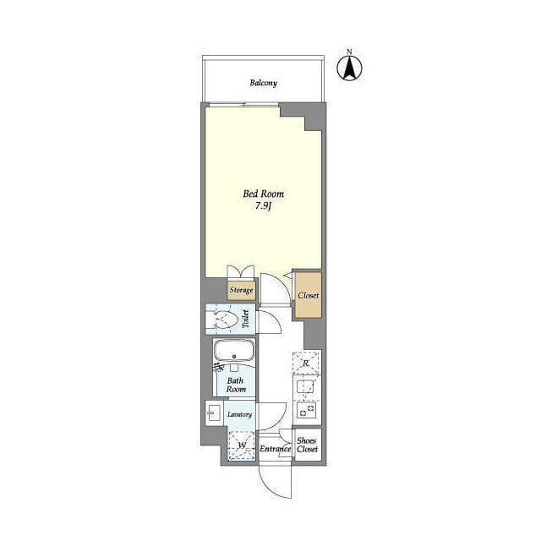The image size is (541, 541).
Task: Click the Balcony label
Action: coord(263,83)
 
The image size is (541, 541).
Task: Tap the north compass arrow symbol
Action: coord(349,68)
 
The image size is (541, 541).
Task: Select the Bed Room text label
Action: coord(264,194)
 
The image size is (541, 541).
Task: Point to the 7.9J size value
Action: coord(264,206)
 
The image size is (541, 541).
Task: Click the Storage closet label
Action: coord(242,291)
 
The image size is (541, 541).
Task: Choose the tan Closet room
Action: coord(308,295)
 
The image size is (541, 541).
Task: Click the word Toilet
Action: coord(246,319)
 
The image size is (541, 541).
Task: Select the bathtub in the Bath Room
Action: coord(234,350)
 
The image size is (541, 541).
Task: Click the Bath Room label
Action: coord(236,385)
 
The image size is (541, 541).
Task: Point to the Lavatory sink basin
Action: coord(214,413)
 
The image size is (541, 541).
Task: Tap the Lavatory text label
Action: coord(239,414)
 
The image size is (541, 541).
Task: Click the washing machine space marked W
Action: coord(242,445)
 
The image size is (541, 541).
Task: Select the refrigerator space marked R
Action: coord(306,363)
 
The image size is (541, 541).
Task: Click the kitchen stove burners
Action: coord(306,411)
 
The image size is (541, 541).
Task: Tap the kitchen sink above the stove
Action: coord(306,386)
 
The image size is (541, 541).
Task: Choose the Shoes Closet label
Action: coord(307,445)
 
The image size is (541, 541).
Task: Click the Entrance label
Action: coord(275,449)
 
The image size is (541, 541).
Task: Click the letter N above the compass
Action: coord(349,52)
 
